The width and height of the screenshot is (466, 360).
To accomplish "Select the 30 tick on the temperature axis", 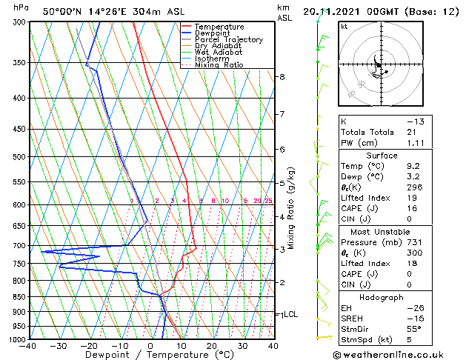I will tap(242, 345).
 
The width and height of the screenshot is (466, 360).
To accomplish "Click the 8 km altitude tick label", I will tap(282, 77).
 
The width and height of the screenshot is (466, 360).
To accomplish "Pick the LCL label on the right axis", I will tap(291, 314).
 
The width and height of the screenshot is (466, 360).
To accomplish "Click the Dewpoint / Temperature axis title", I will tap(150, 355).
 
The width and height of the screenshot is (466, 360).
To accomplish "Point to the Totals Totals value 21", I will tap(411, 132).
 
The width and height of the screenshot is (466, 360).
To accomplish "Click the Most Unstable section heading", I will tap(382, 232).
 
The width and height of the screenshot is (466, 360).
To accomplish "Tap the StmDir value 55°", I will tap(414, 329).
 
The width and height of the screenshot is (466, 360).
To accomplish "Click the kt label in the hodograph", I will tap(344, 26).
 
